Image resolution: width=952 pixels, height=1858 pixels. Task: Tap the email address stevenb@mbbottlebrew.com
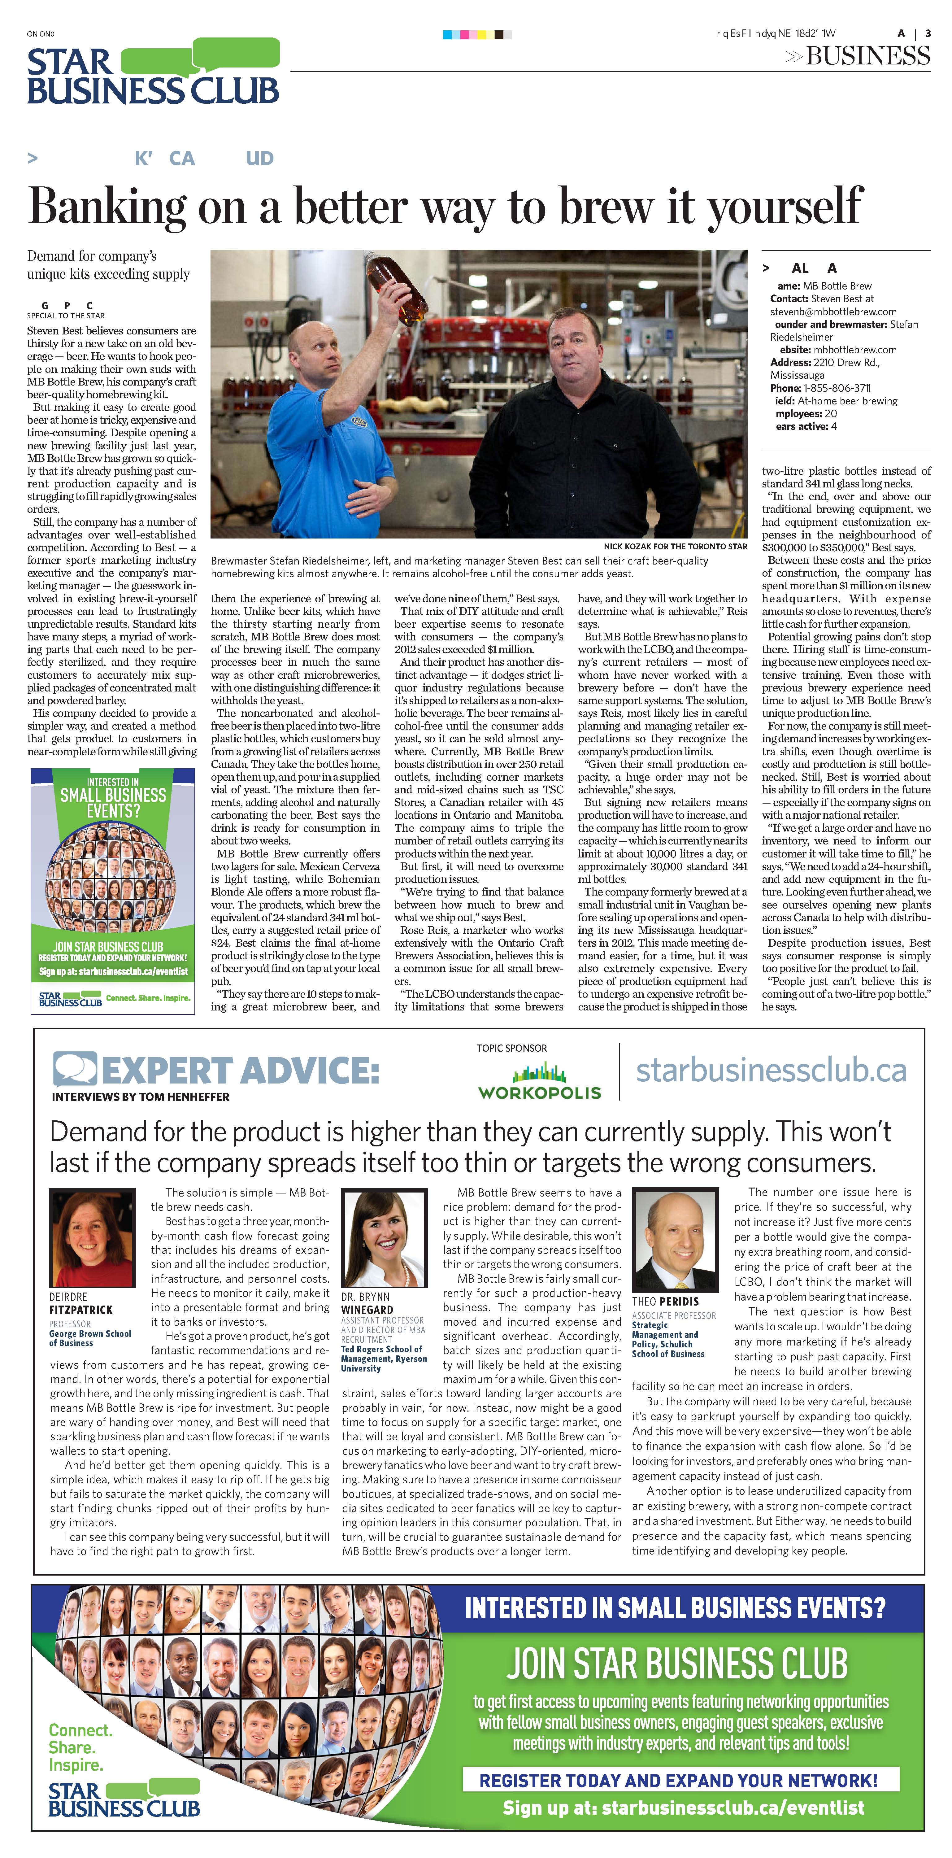click(x=833, y=312)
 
